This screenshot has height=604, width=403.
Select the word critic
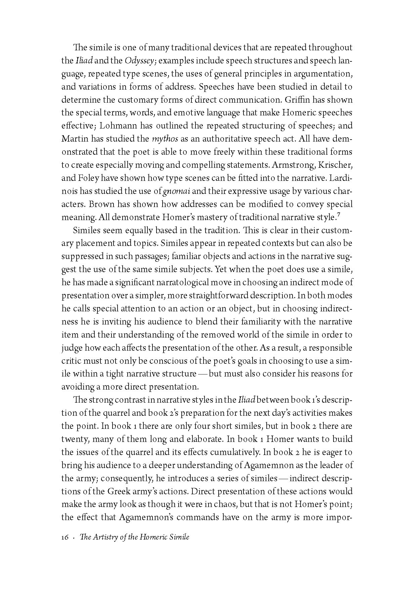click(x=70, y=361)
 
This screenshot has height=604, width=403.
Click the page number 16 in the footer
click(x=65, y=537)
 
